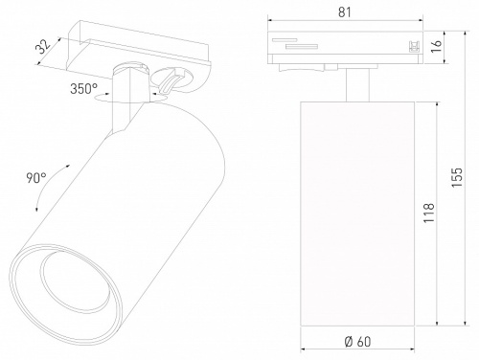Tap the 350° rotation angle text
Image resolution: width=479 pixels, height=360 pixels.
[x=83, y=90]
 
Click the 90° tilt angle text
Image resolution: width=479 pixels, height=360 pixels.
[x=36, y=178]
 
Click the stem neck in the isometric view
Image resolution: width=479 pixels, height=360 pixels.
[x=124, y=110]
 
